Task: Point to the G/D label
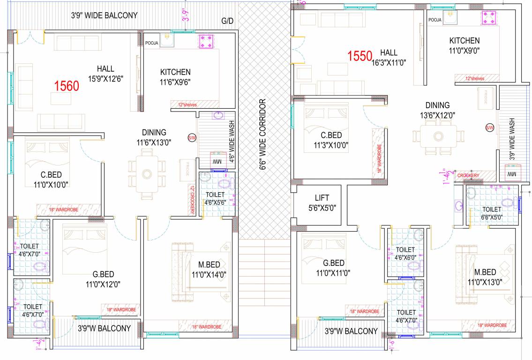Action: (x=228, y=21)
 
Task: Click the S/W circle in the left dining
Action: (x=192, y=138)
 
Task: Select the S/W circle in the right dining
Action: (x=490, y=127)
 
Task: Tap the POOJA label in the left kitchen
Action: (x=152, y=43)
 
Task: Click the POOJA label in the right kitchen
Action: (x=435, y=20)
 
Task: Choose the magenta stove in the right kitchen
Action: (x=488, y=18)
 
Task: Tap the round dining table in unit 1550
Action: (x=438, y=136)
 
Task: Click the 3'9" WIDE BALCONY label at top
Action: (x=104, y=15)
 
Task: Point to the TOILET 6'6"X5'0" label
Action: (x=492, y=213)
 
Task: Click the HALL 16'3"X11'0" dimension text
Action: (x=389, y=62)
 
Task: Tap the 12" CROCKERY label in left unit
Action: (x=192, y=200)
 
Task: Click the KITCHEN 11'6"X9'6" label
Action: (x=175, y=76)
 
